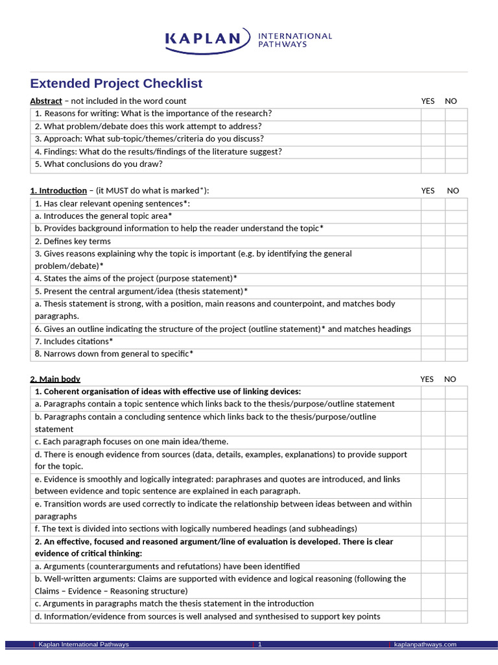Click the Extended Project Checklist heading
pos(116,84)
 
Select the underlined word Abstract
pos(46,101)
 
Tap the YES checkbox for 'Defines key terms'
pos(433,242)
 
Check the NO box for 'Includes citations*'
pos(456,342)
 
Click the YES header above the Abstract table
pos(428,101)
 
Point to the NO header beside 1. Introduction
pos(453,190)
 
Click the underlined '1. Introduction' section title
pos(58,190)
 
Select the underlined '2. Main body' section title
pos(55,379)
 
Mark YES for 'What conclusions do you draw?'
pos(433,164)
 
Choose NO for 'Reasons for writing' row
pos(456,114)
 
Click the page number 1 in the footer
pos(259,644)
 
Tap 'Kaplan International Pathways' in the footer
pos(84,644)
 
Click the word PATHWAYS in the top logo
pos(283,44)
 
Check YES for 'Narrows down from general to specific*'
pos(433,354)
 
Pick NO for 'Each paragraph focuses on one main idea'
pos(456,442)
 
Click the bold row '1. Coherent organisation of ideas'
pos(168,392)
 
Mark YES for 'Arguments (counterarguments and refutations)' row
pos(433,566)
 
